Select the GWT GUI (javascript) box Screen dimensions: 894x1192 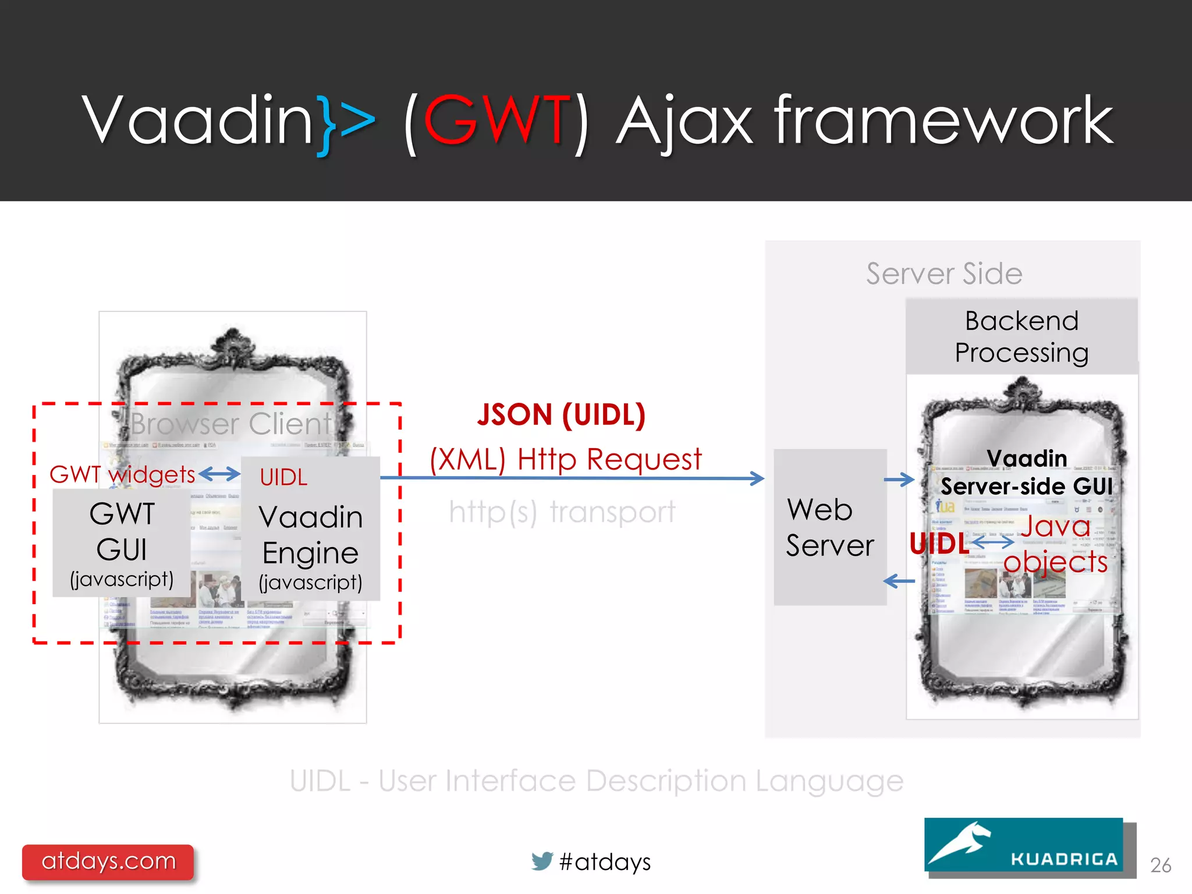click(122, 543)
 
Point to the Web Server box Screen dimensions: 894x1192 click(829, 527)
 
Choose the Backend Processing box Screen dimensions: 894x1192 click(1021, 336)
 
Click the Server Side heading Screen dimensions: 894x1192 click(943, 274)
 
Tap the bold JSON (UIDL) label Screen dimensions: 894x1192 click(561, 415)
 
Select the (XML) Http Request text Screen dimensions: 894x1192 click(566, 459)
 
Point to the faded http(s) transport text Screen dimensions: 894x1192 click(562, 512)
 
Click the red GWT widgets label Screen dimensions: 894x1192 click(122, 474)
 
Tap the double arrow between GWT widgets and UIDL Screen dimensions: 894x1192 click(219, 474)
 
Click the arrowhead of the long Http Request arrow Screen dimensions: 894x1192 click(757, 478)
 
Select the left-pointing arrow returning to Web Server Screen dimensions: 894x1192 click(899, 581)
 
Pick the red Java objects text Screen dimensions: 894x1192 click(1055, 544)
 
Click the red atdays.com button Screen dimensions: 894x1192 click(108, 861)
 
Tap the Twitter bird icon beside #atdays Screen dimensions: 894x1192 click(542, 861)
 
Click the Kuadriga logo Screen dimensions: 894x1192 click(1024, 845)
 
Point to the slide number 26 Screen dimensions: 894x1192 click(1161, 865)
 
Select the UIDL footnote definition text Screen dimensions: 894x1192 click(597, 781)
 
